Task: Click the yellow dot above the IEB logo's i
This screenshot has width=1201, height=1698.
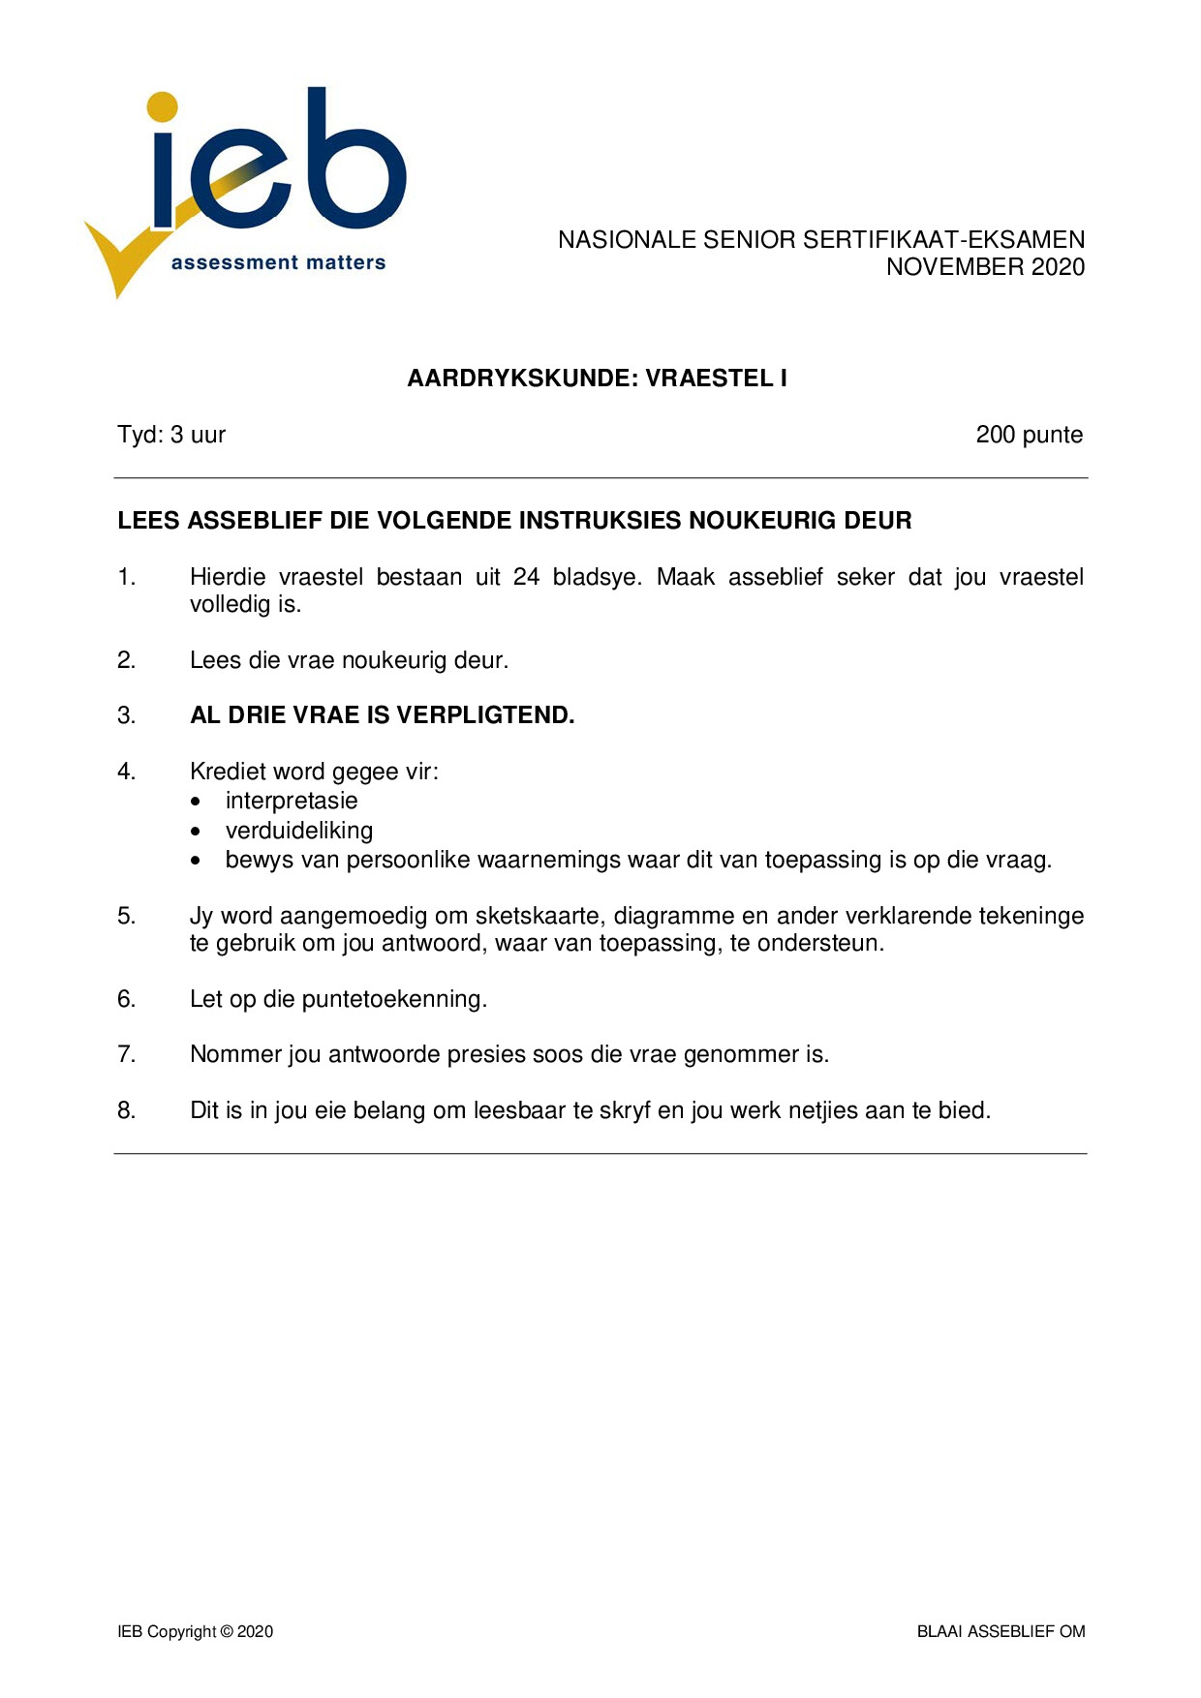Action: click(x=163, y=107)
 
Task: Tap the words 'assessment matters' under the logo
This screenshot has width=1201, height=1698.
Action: click(x=278, y=262)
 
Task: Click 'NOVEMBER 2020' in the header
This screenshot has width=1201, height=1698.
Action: click(x=985, y=267)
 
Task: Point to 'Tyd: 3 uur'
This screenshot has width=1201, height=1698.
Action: click(x=171, y=435)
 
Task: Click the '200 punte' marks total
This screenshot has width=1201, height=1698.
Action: click(x=1029, y=435)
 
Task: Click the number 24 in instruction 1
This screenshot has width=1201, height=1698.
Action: click(x=526, y=577)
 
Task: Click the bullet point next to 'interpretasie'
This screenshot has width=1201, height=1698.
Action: click(x=198, y=802)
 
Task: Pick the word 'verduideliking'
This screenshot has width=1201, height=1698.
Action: click(x=299, y=831)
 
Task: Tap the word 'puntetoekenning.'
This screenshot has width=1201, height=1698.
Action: click(x=394, y=999)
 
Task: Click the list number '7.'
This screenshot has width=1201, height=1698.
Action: click(x=126, y=1054)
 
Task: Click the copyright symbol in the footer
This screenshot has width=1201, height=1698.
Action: click(x=228, y=1631)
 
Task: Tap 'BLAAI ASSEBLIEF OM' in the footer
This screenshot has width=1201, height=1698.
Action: click(x=1001, y=1631)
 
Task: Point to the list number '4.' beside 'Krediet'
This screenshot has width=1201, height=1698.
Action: click(x=126, y=772)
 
